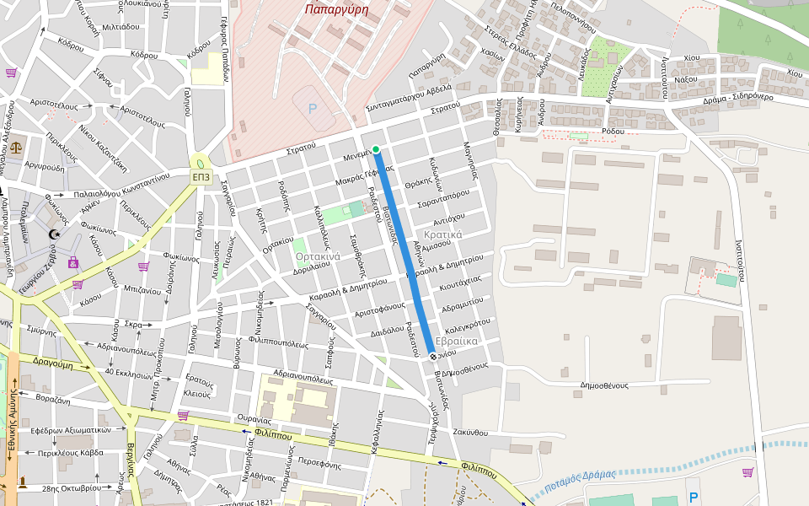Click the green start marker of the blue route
tap(376, 150)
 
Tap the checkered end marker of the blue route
tap(433, 357)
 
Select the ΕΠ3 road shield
tap(201, 177)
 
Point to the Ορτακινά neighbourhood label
tap(318, 256)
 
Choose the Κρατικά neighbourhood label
tap(443, 234)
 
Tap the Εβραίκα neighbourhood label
tap(458, 341)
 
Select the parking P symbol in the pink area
tap(313, 109)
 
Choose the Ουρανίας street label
tap(254, 419)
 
